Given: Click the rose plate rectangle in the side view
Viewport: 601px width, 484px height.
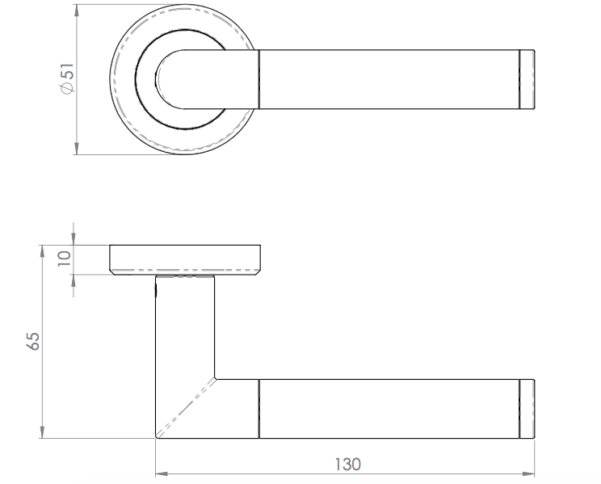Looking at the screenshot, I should coord(184,259).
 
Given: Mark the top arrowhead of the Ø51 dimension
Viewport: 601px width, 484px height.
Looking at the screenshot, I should coord(76,10).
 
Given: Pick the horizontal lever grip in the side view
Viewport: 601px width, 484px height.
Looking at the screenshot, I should coord(388,408).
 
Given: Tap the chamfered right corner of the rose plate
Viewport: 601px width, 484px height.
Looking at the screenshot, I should coord(258,271).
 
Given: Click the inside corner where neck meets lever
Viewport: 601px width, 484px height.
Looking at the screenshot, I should coord(216,377).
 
